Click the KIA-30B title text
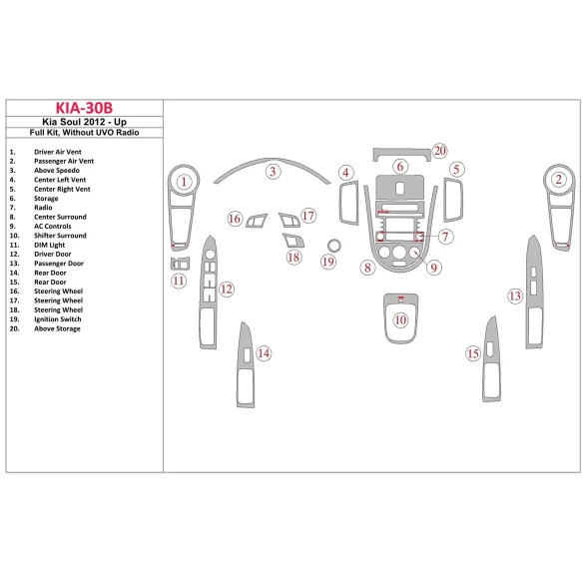coord(84,108)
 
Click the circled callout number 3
coord(273,172)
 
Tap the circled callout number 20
coord(439,151)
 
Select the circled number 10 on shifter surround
coord(400,319)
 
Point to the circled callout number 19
coord(328,262)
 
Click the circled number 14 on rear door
coord(264,352)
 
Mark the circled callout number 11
coord(179,281)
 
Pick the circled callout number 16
coord(235,219)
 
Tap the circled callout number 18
coord(293,257)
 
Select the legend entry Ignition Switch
coord(64,319)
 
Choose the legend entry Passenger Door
coord(64,264)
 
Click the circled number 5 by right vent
coord(455,170)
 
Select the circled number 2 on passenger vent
coord(559,180)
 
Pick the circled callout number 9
coord(433,268)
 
